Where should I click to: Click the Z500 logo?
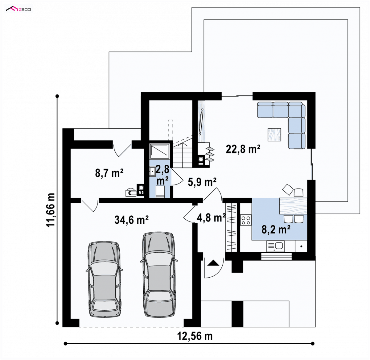[18, 9]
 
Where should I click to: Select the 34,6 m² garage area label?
[131, 220]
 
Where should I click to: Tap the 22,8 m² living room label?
[243, 149]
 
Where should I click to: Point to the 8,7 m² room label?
[109, 173]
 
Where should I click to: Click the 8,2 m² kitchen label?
[276, 230]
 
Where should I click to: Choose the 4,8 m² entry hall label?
[211, 217]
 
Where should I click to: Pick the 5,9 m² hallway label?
[202, 182]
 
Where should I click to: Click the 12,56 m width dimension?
[195, 336]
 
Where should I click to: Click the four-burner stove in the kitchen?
[246, 220]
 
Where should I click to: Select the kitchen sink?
[275, 246]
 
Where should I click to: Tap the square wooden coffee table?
[274, 134]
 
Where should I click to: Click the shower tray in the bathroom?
[159, 151]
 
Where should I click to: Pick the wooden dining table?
[293, 206]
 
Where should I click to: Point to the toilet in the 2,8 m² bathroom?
[160, 191]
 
